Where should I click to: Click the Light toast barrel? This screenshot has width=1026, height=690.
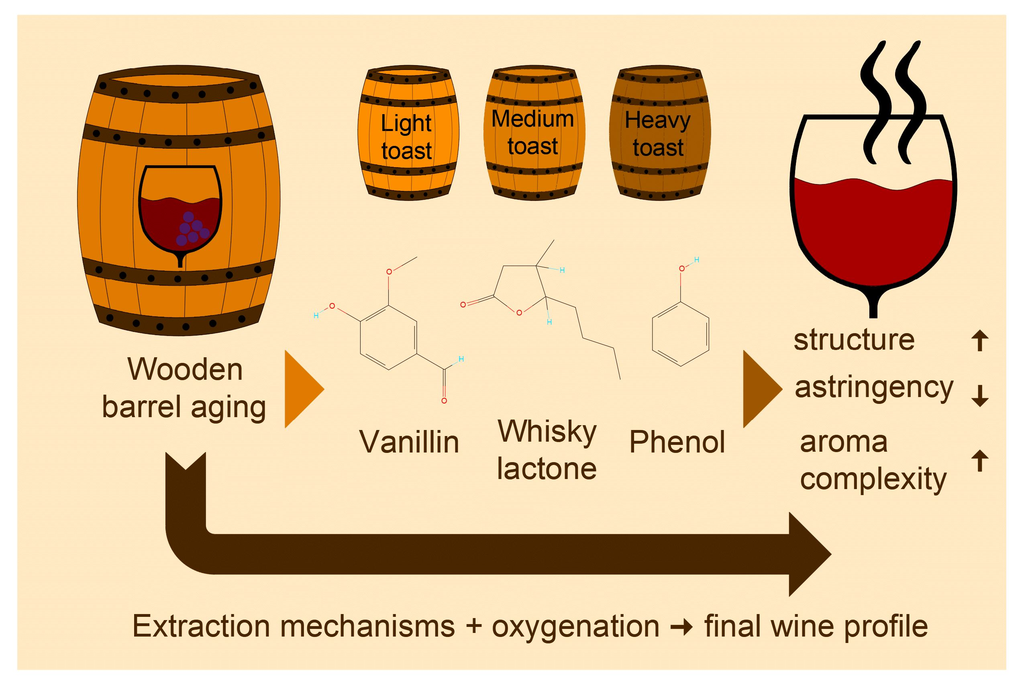pyautogui.click(x=408, y=134)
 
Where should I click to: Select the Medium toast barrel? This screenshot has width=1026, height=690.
pyautogui.click(x=534, y=134)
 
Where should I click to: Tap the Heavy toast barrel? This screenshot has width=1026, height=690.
pyautogui.click(x=659, y=134)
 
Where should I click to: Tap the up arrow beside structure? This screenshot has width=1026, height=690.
pyautogui.click(x=980, y=341)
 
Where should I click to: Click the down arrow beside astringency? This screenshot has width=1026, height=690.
pyautogui.click(x=980, y=395)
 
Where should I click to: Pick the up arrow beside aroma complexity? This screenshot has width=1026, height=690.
pyautogui.click(x=980, y=460)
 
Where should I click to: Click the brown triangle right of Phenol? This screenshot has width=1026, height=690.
pyautogui.click(x=760, y=389)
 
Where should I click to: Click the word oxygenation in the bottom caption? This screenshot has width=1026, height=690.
pyautogui.click(x=575, y=627)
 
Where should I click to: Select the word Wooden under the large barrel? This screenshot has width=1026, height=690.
pyautogui.click(x=185, y=369)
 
